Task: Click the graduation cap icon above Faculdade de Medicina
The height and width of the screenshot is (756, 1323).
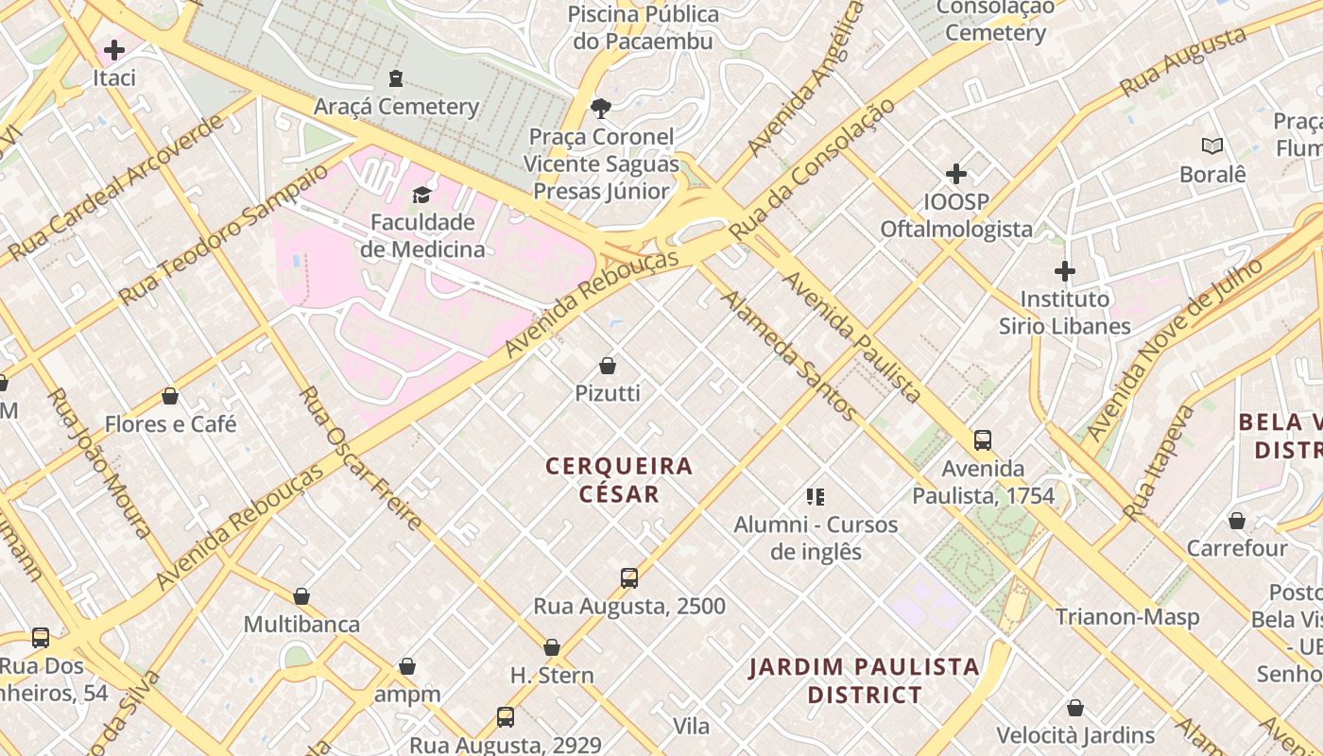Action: click(x=421, y=195)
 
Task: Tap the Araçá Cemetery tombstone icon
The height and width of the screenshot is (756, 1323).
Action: click(x=396, y=78)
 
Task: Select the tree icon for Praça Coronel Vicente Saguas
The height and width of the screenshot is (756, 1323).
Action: click(x=600, y=109)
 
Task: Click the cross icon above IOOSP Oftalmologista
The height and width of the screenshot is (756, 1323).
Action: click(x=956, y=174)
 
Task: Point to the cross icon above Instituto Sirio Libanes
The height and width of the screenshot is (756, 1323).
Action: click(x=1065, y=271)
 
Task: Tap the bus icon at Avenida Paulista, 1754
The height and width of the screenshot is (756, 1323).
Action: click(x=983, y=440)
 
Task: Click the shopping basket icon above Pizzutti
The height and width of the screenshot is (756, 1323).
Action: click(x=608, y=366)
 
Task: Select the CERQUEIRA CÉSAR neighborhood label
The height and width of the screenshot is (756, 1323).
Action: click(x=619, y=480)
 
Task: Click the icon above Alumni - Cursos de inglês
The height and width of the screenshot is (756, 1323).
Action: click(x=816, y=497)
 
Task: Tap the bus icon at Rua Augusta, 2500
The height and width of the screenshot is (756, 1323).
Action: click(x=629, y=578)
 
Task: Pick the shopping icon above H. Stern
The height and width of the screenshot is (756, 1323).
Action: click(x=552, y=648)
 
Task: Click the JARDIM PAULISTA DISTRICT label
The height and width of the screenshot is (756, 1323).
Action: click(x=864, y=680)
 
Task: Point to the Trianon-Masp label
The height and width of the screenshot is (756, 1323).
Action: click(x=1127, y=617)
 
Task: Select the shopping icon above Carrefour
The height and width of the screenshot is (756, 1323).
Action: click(x=1236, y=521)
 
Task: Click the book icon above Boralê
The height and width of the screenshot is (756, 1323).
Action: click(x=1212, y=146)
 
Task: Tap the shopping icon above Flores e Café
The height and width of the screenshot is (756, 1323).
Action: click(x=170, y=396)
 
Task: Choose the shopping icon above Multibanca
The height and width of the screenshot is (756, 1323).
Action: click(x=301, y=596)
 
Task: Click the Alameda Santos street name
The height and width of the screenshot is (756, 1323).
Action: click(x=789, y=355)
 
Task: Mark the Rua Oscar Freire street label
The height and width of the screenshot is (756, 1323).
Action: click(x=361, y=457)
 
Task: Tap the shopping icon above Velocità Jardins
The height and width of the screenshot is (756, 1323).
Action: click(x=1074, y=708)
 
